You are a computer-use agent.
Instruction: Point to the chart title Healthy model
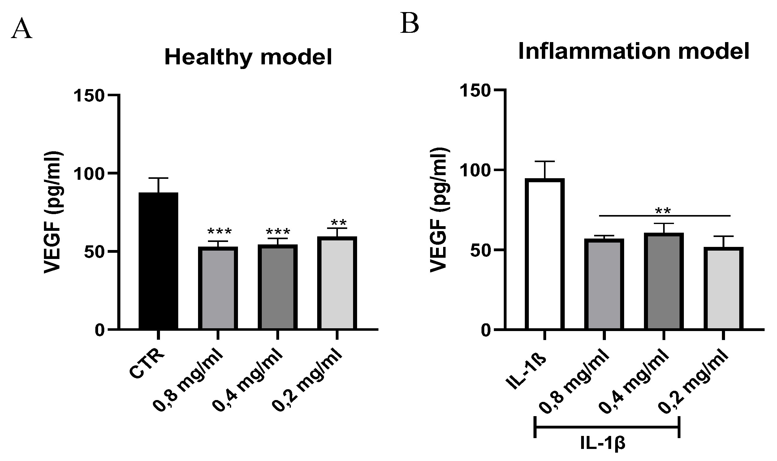(248, 57)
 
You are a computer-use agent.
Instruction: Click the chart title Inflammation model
(634, 51)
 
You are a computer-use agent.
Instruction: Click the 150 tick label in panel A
(88, 96)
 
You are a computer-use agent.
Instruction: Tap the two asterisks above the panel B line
(663, 212)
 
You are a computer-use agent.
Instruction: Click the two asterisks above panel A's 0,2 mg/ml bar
(339, 223)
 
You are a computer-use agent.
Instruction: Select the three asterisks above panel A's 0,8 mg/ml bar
(219, 232)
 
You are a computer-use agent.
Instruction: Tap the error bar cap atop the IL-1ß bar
(545, 161)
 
